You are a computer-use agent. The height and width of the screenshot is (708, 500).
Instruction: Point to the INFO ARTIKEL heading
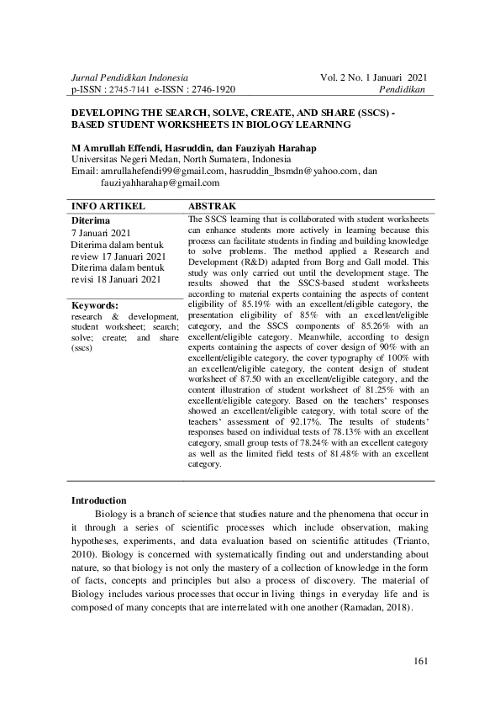pyautogui.click(x=109, y=206)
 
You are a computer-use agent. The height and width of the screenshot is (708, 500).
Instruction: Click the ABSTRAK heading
pyautogui.click(x=212, y=206)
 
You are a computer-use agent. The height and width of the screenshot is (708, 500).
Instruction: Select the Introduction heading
pyautogui.click(x=99, y=500)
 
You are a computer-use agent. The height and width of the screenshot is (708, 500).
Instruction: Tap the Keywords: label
pyautogui.click(x=95, y=305)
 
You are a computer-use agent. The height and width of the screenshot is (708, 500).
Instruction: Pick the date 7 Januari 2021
pyautogui.click(x=101, y=232)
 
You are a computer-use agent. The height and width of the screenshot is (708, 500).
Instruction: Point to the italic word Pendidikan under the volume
pyautogui.click(x=403, y=89)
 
